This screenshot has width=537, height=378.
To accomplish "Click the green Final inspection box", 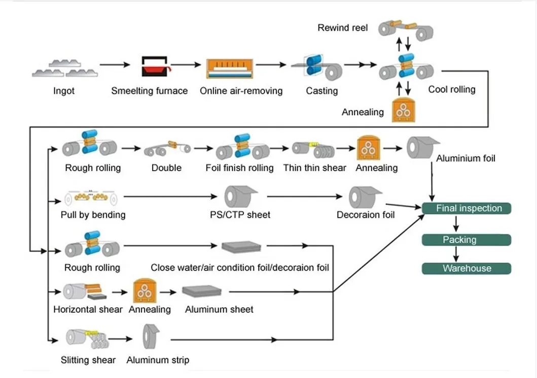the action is point(466,208).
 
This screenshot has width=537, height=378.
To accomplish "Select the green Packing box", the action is point(466,240).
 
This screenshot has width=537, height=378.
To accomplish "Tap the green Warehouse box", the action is point(466,268).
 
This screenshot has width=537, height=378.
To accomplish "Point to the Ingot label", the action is point(64,91).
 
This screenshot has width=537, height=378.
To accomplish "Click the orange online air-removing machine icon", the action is point(230,69).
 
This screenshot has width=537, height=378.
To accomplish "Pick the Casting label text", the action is point(321,91).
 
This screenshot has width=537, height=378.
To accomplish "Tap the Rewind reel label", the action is point(342,28).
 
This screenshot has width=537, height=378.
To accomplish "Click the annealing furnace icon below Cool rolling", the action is point(404,110).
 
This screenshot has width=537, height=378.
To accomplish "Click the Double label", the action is point(166,168).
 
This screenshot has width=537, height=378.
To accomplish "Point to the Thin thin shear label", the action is point(314,168).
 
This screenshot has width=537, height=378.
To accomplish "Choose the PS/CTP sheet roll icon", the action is point(240,197).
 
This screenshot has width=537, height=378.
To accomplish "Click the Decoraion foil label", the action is point(366,215).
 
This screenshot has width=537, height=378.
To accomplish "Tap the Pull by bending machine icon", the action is point(91,197).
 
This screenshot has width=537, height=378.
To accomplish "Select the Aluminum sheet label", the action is point(219,309).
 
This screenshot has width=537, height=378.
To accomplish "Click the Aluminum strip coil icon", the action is point(151,336).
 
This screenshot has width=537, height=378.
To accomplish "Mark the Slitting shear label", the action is point(88,360).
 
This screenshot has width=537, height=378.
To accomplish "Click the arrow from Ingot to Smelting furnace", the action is point(115,65).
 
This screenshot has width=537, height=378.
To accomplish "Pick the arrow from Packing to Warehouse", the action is point(456,254).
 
